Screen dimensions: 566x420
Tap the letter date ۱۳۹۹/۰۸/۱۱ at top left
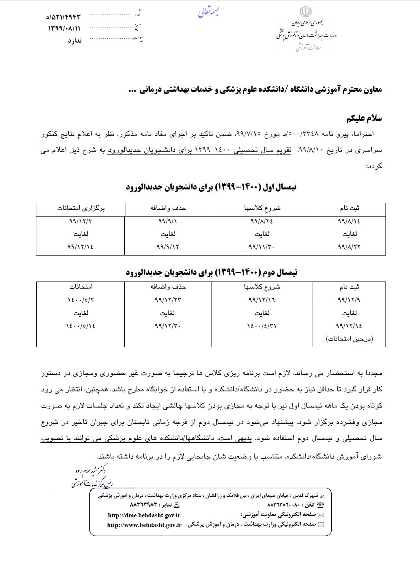coord(64,28)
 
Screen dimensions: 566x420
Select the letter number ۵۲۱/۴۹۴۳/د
coord(63,17)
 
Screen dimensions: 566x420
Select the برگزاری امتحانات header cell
coord(81,208)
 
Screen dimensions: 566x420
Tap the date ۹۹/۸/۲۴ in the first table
coord(262,222)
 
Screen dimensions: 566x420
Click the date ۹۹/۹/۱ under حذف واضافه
coord(168,222)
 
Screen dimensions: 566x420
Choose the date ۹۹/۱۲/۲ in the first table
coord(81,222)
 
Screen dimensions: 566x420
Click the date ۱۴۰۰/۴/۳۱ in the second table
coord(262,326)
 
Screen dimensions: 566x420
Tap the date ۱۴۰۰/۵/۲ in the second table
coord(81,300)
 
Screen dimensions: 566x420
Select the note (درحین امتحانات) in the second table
coord(349,339)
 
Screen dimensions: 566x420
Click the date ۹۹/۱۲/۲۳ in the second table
coord(168,300)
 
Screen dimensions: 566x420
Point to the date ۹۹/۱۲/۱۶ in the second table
coord(262,300)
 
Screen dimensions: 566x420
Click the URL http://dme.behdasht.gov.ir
coord(144,515)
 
